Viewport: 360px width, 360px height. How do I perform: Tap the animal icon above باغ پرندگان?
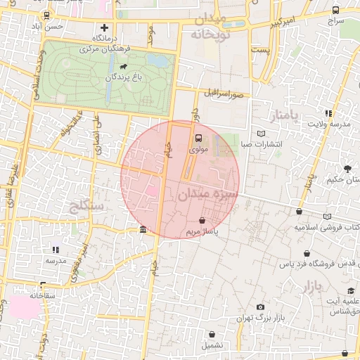pyautogui.click(x=124, y=67)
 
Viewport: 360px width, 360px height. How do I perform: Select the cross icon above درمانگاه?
pyautogui.click(x=105, y=27)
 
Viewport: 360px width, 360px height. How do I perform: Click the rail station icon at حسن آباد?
pyautogui.click(x=46, y=15)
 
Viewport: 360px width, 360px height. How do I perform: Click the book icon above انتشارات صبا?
pyautogui.click(x=262, y=134)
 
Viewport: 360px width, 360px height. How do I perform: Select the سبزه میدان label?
pyautogui.click(x=209, y=193)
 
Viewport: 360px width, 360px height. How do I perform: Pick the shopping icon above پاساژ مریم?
pyautogui.click(x=202, y=220)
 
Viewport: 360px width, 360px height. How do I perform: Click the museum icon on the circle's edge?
pyautogui.click(x=143, y=230)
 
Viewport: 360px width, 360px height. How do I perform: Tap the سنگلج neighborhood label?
pyautogui.click(x=87, y=206)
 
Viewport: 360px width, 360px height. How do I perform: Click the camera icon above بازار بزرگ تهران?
pyautogui.click(x=261, y=307)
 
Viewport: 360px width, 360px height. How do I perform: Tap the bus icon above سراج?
pyautogui.click(x=335, y=11)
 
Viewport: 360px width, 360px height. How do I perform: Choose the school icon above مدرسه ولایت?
pyautogui.click(x=328, y=113)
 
